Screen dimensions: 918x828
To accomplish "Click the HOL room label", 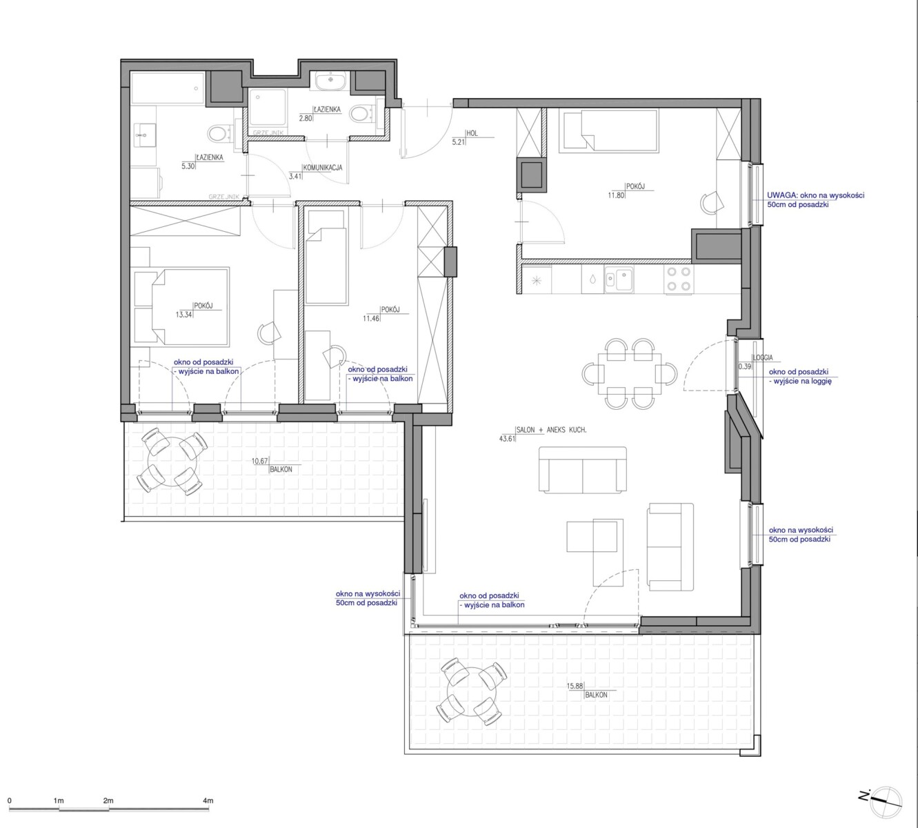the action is coord(472,133).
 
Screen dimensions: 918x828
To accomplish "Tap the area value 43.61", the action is coord(507,438).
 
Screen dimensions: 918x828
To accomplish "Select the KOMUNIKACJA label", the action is coord(323,168).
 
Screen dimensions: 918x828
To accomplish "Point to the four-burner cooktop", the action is coord(679,279).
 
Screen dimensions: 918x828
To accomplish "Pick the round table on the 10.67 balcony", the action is coord(172,461).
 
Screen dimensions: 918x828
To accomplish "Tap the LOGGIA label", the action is coord(763,357).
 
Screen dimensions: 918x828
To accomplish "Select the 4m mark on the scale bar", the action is coord(208,814).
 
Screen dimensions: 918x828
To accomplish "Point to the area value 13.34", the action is coord(184,315).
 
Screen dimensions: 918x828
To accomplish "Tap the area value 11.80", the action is coord(616,195).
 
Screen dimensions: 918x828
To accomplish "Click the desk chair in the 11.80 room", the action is coord(712,202).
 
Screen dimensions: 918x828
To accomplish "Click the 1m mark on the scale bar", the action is coord(59,814).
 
